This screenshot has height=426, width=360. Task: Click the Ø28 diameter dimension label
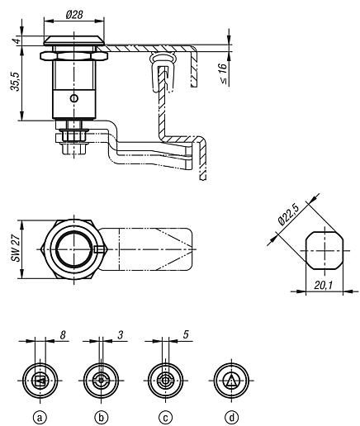click(x=74, y=15)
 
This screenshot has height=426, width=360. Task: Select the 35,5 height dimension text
click(x=16, y=82)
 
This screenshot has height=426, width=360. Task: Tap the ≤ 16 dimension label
click(x=223, y=73)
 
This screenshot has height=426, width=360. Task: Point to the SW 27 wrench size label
click(x=16, y=248)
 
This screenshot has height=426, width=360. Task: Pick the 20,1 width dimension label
click(x=324, y=286)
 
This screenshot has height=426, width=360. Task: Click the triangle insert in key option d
click(x=231, y=381)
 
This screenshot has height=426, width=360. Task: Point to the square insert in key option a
click(x=40, y=381)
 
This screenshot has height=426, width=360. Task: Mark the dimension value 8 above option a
click(x=63, y=335)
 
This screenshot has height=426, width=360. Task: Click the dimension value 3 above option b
click(x=121, y=335)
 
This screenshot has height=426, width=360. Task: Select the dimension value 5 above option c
click(x=186, y=334)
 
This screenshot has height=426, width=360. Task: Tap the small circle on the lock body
click(x=74, y=98)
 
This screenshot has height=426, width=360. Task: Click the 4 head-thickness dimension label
click(x=17, y=40)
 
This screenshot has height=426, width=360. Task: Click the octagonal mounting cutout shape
click(x=324, y=250)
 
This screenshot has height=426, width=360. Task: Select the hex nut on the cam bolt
click(x=73, y=135)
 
